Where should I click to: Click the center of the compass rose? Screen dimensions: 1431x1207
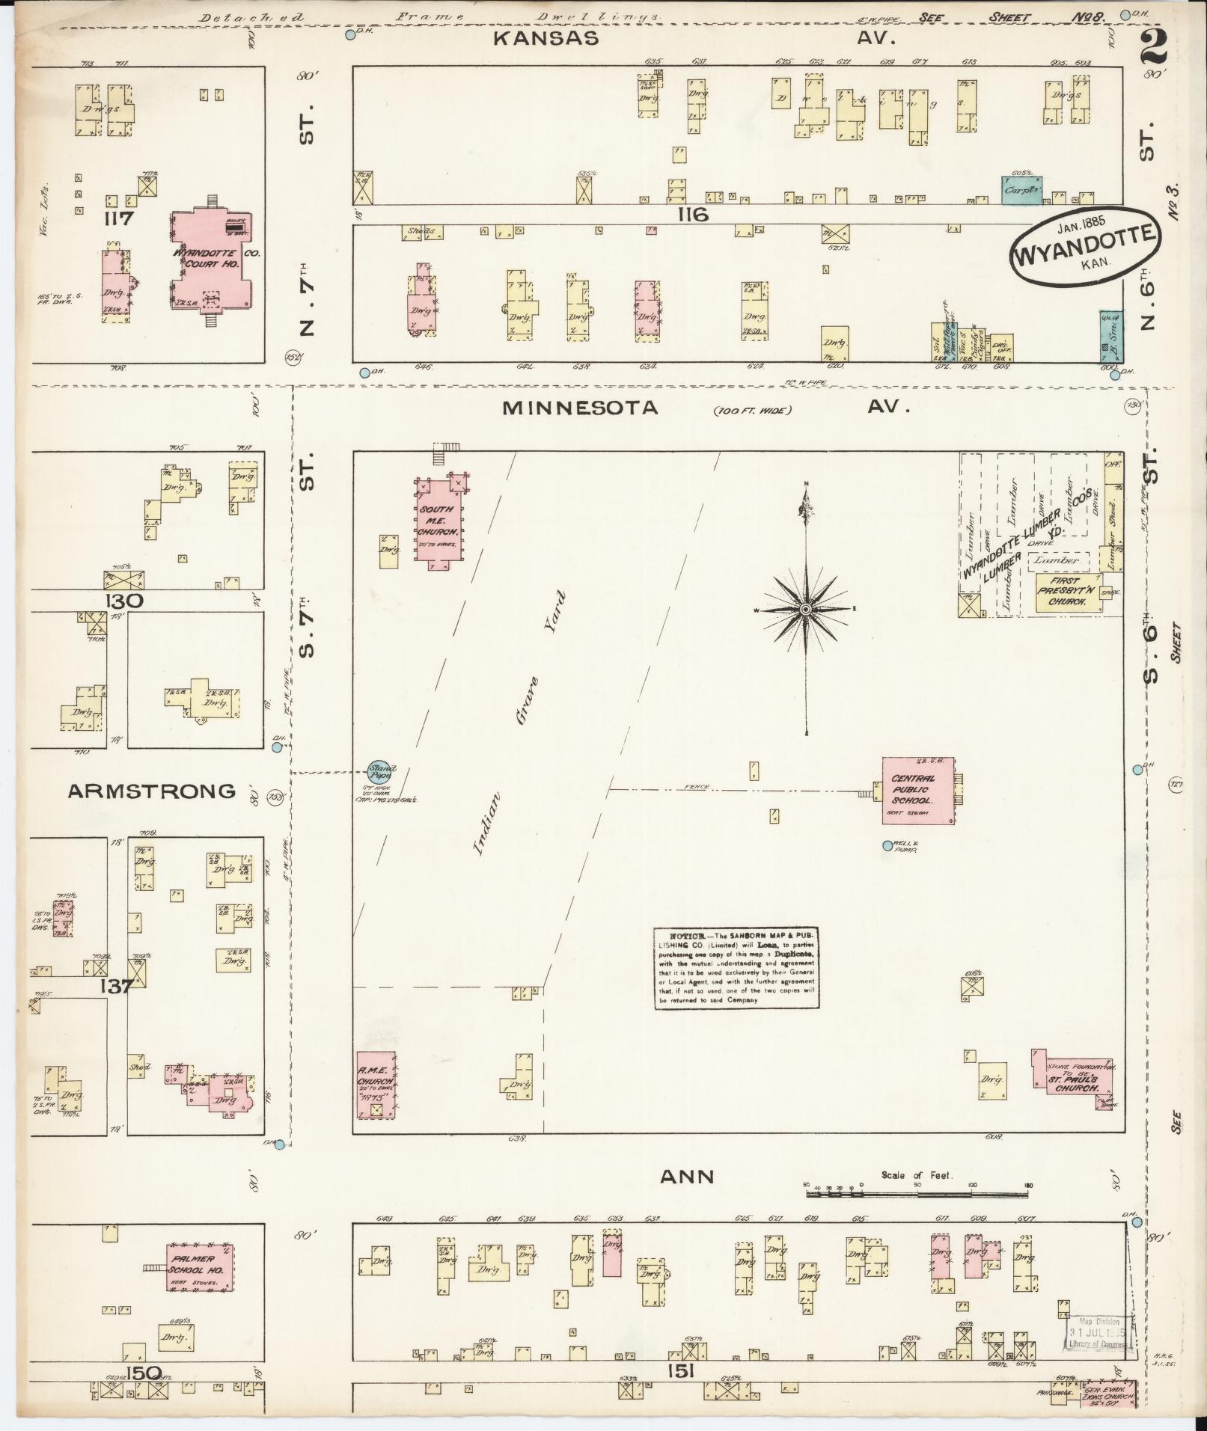[x=806, y=611]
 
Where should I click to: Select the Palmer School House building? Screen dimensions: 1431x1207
[x=199, y=1266]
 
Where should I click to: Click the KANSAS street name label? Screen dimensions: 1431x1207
[x=546, y=38]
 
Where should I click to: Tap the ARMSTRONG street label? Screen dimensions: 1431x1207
[x=152, y=791]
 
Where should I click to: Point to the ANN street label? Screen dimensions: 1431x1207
[x=686, y=1177]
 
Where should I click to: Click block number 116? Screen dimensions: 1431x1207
[x=691, y=215]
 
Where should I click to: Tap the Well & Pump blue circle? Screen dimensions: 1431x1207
[x=887, y=845]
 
